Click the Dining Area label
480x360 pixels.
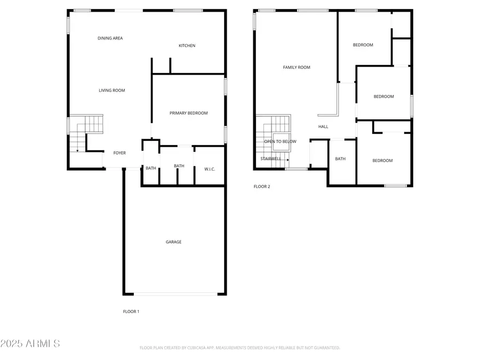pyautogui.click(x=110, y=38)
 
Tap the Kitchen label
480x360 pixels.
pyautogui.click(x=187, y=46)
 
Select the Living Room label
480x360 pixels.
pyautogui.click(x=112, y=91)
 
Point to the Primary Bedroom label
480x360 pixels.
pyautogui.click(x=188, y=113)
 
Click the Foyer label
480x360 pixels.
pyautogui.click(x=119, y=153)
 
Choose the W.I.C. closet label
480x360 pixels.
pyautogui.click(x=210, y=169)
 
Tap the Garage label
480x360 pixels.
pyautogui.click(x=173, y=242)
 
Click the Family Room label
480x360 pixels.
pyautogui.click(x=297, y=67)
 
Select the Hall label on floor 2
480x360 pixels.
pyautogui.click(x=323, y=127)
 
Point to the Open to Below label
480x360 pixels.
pyautogui.click(x=280, y=141)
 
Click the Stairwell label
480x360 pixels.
pyautogui.click(x=271, y=158)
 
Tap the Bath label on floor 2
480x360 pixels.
pyautogui.click(x=340, y=159)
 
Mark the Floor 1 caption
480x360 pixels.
pyautogui.click(x=131, y=311)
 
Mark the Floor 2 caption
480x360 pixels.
pyautogui.click(x=262, y=187)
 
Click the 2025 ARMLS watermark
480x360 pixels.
pyautogui.click(x=30, y=343)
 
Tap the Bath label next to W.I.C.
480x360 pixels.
pyautogui.click(x=179, y=166)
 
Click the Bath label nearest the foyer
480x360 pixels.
pyautogui.click(x=151, y=169)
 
